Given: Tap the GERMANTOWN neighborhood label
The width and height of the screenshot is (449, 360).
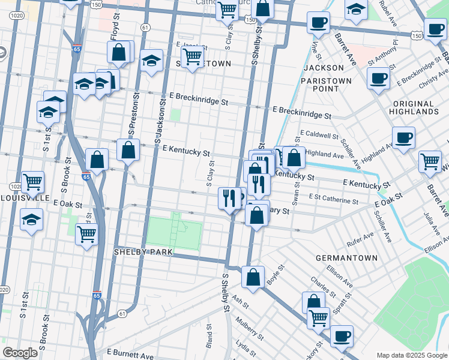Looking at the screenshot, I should point(346,258).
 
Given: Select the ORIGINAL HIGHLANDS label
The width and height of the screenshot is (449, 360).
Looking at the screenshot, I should point(414,107).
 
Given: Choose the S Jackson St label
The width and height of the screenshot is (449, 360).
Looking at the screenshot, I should point(162,118).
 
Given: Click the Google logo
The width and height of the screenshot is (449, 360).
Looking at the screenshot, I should point(20,353).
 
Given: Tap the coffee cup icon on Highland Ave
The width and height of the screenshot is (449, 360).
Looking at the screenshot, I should point(403,137).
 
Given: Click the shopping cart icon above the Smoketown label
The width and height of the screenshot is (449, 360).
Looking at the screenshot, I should point(192,57).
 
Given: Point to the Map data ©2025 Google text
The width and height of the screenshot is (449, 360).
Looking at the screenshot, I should point(411,355).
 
